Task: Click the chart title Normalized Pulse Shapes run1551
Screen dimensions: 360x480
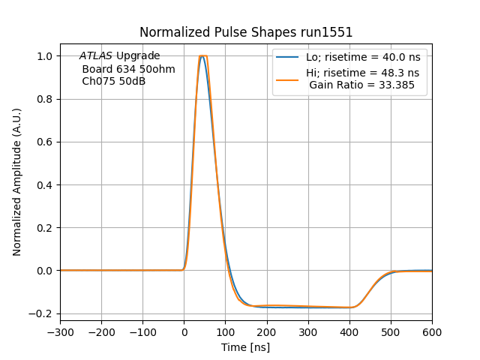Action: [246, 32]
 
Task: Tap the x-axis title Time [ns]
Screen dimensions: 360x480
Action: [245, 347]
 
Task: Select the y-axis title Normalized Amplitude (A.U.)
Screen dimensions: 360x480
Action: [17, 182]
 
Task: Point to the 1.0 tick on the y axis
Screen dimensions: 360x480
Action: [46, 56]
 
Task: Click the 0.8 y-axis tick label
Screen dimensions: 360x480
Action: [46, 99]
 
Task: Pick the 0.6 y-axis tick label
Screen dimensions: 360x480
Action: [46, 142]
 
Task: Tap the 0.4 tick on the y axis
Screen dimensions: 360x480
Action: [46, 184]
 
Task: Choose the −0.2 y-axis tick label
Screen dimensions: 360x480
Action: [43, 313]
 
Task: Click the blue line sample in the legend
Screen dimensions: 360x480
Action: [288, 57]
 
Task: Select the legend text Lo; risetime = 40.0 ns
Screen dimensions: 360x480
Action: [362, 57]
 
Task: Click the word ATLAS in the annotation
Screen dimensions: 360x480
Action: [95, 56]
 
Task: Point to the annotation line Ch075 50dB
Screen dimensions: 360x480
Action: [113, 81]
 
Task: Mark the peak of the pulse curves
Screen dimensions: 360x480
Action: [201, 56]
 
